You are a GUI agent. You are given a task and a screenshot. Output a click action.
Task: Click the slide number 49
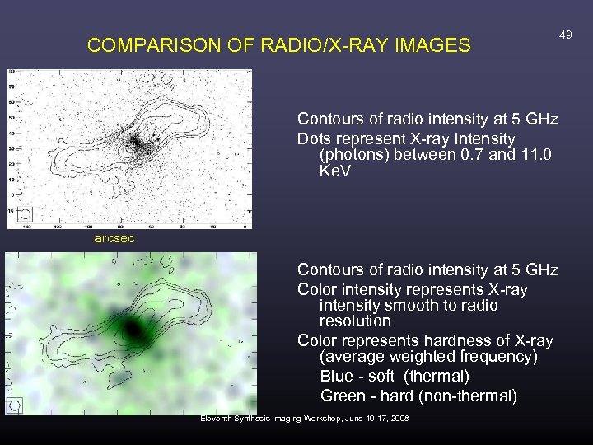pos(565,35)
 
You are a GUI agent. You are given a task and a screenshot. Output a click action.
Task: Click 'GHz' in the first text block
pos(540,120)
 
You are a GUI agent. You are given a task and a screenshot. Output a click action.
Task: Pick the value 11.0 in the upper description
pos(535,155)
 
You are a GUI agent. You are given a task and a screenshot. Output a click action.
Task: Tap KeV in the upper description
pos(334,171)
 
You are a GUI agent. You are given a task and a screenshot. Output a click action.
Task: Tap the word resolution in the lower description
pos(355,321)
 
